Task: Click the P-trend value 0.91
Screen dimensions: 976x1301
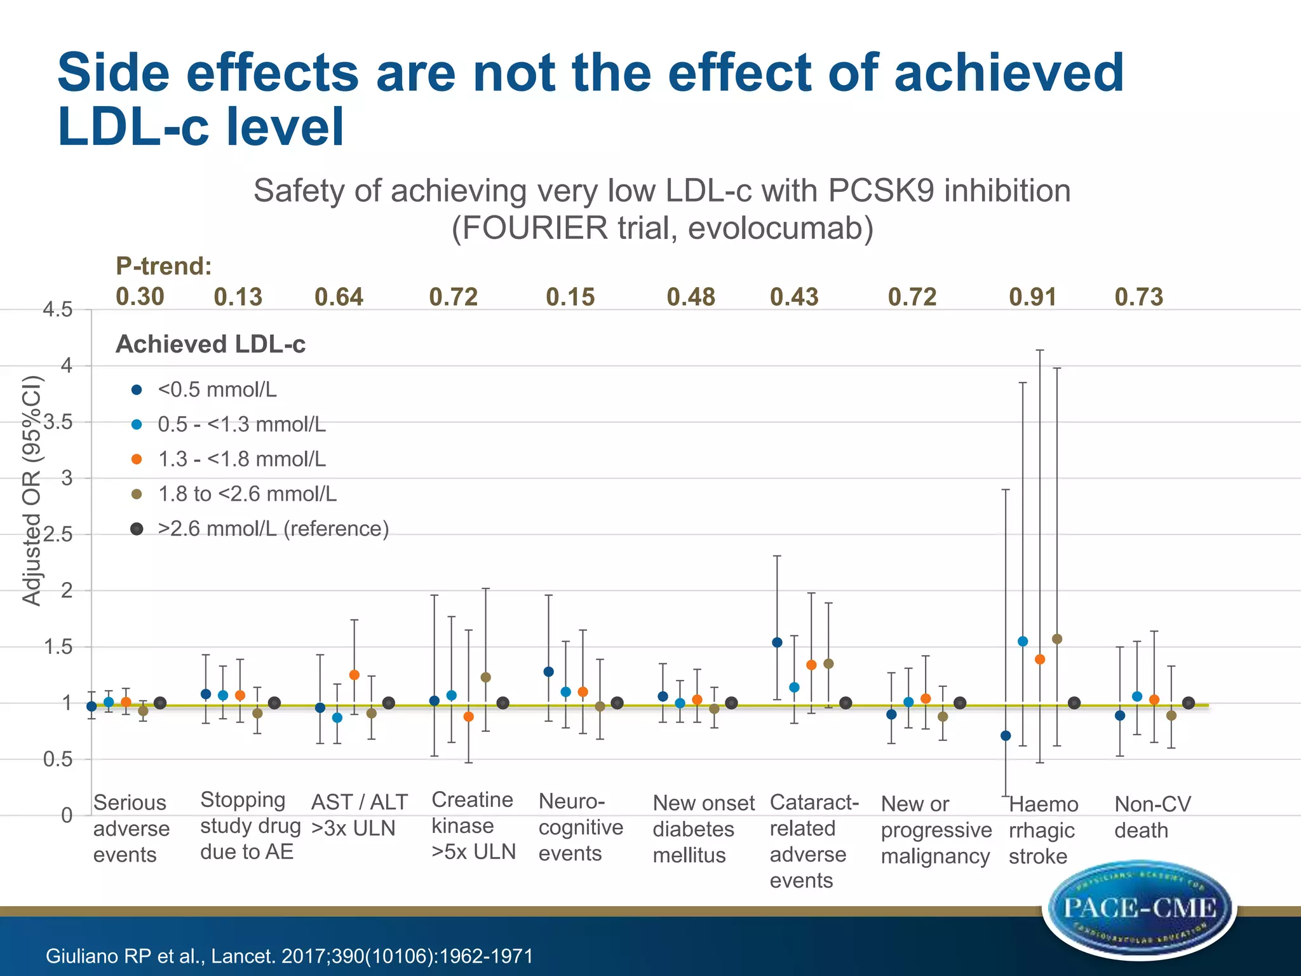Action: click(x=1032, y=297)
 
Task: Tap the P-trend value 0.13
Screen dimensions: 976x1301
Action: click(x=238, y=297)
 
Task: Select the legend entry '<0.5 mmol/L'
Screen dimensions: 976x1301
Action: click(x=217, y=390)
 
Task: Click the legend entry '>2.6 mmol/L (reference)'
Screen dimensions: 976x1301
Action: click(x=273, y=529)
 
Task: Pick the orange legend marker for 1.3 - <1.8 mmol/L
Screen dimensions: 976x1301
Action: click(x=137, y=459)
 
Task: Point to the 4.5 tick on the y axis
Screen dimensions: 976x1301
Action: click(x=57, y=310)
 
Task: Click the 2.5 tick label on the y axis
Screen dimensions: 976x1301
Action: click(x=58, y=534)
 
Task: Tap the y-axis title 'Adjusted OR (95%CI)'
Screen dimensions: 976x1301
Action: click(x=32, y=491)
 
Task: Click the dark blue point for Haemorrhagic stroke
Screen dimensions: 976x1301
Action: click(x=1006, y=736)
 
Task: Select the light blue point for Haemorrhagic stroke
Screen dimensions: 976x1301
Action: click(x=1023, y=642)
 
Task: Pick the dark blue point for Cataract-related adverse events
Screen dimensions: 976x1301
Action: click(x=777, y=642)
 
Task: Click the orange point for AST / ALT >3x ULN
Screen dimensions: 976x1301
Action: click(x=354, y=675)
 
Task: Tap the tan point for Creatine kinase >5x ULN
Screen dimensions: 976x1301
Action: click(x=486, y=677)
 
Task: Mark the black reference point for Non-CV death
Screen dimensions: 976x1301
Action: click(x=1189, y=703)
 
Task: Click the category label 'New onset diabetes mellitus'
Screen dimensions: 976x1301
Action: click(x=703, y=829)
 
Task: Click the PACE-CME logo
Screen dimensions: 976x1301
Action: click(x=1140, y=909)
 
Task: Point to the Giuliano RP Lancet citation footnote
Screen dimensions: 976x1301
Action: click(x=290, y=956)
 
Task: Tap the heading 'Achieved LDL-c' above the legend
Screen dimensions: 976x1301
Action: click(x=211, y=344)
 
